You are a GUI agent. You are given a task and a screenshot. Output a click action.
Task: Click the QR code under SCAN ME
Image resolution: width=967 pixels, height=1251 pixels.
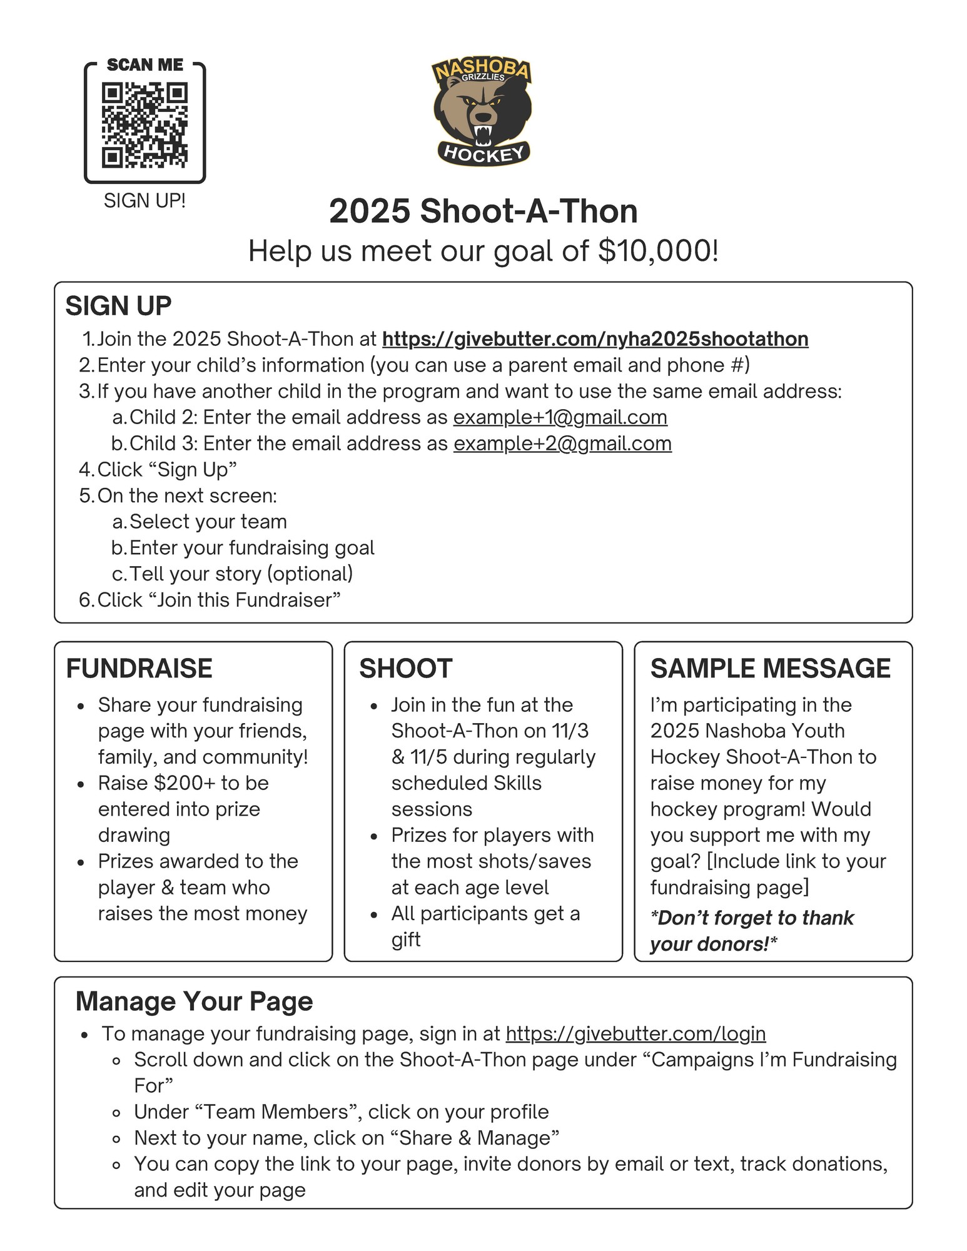144,125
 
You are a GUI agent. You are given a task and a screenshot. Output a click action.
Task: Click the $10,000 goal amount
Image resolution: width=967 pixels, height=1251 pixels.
657,251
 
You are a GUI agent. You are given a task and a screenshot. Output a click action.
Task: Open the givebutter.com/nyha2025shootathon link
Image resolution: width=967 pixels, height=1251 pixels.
595,339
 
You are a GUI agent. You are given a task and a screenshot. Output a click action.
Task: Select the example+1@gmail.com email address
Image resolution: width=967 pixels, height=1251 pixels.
560,417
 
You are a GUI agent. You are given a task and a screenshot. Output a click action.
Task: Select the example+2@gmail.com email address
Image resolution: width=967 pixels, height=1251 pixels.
562,443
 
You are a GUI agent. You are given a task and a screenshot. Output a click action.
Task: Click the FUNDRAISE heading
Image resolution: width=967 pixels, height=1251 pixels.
139,669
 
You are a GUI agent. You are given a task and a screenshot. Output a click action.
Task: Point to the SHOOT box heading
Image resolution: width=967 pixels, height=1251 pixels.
405,669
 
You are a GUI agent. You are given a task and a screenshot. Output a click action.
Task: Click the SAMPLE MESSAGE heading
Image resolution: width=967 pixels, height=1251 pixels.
770,669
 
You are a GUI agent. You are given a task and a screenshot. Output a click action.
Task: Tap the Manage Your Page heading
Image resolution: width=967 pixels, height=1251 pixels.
194,1001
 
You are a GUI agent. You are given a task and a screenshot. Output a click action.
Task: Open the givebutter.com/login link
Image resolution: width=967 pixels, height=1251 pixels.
635,1034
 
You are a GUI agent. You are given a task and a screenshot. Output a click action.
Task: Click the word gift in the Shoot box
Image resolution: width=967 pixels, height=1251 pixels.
405,940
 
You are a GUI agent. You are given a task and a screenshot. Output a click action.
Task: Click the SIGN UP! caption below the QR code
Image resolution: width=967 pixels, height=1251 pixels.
144,201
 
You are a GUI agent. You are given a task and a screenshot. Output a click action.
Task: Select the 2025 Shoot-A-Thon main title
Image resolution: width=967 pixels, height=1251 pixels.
483,211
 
